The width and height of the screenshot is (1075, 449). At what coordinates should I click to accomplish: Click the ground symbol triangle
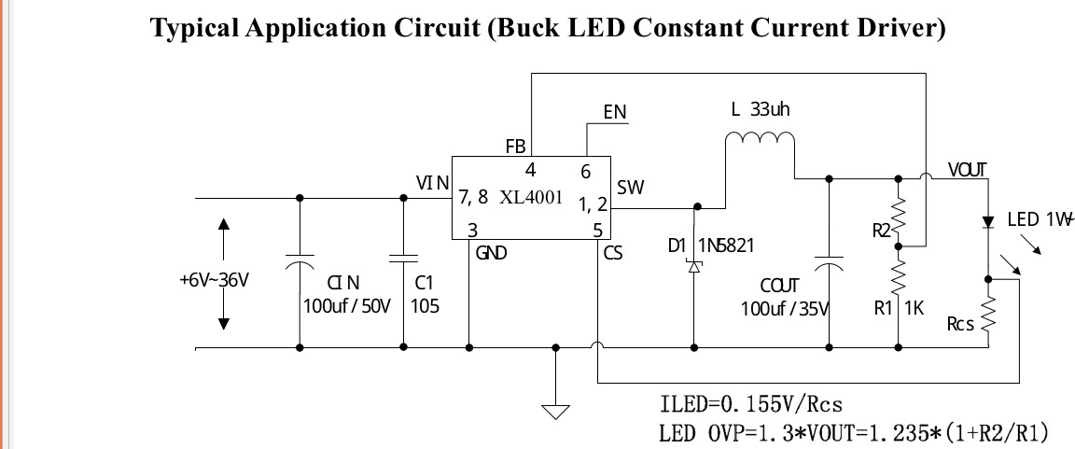point(556,410)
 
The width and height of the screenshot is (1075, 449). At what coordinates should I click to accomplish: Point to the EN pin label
point(615,113)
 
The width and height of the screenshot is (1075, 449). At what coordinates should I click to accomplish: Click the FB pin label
point(515,147)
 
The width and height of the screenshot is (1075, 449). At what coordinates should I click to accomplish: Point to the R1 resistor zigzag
point(899,275)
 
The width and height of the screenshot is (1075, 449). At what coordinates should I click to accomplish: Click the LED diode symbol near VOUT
point(987,222)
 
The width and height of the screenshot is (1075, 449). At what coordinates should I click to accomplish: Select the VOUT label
point(967,170)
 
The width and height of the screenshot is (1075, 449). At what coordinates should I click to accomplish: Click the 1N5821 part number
point(726,246)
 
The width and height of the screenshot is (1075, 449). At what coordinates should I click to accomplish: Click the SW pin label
point(630,188)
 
